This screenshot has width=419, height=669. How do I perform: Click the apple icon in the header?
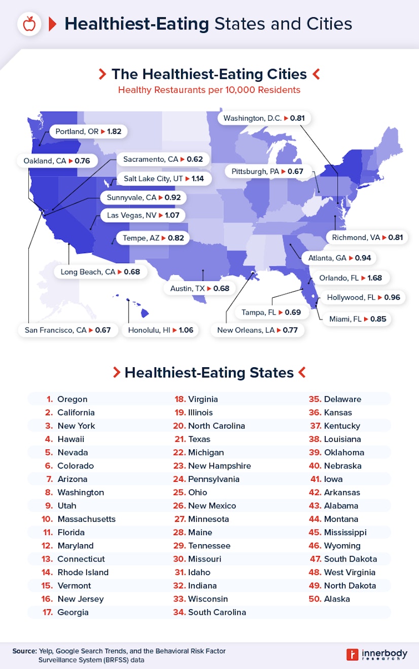point(29,24)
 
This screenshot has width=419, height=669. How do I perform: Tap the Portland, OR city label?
point(77,131)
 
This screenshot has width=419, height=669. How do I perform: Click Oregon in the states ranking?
point(72,399)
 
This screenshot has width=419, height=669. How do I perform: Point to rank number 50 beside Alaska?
point(315,599)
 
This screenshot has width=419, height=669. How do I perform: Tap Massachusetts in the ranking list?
point(86,519)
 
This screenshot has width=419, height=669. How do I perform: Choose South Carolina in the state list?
point(217,612)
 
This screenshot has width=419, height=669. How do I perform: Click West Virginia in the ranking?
point(350,572)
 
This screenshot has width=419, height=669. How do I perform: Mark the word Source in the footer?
point(24,651)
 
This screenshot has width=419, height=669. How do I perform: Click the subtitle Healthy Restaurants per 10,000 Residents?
point(209,90)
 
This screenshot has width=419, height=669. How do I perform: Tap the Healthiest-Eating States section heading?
point(209,373)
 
